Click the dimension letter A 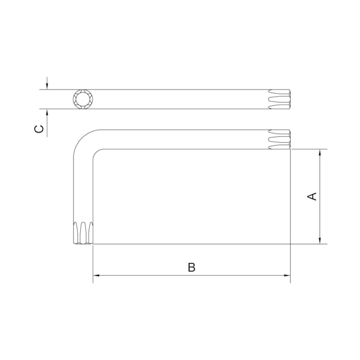click(x=312, y=197)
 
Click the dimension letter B click(x=192, y=268)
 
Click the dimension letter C click(x=39, y=129)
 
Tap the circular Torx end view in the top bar click(x=83, y=99)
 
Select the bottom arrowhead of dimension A click(x=320, y=241)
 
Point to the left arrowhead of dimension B click(x=96, y=275)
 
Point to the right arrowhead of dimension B click(x=287, y=275)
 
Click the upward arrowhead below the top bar click(x=47, y=112)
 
